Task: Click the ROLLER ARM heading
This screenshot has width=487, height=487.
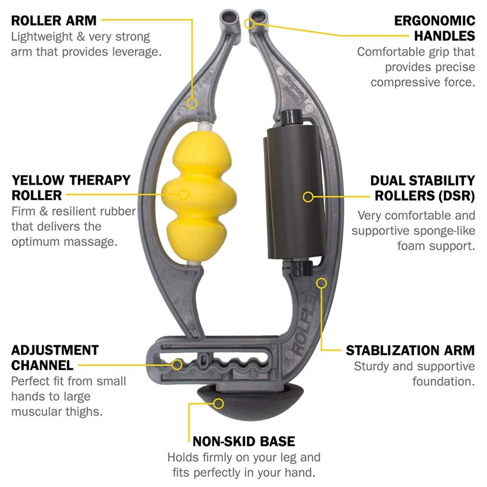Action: click(54, 21)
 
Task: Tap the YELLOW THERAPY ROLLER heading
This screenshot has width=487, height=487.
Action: click(71, 187)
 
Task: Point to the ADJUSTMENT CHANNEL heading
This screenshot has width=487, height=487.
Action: click(55, 357)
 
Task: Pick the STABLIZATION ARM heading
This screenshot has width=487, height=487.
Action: click(410, 350)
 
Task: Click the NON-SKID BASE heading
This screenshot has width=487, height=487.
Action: click(243, 441)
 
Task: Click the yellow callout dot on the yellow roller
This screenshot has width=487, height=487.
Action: click(184, 194)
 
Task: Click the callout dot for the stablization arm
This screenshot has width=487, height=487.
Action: click(321, 282)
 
